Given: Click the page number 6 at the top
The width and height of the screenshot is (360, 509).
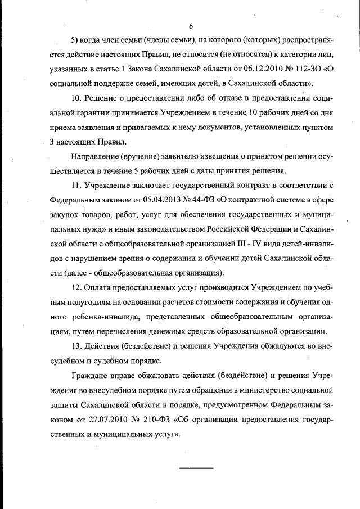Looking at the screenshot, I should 191,26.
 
